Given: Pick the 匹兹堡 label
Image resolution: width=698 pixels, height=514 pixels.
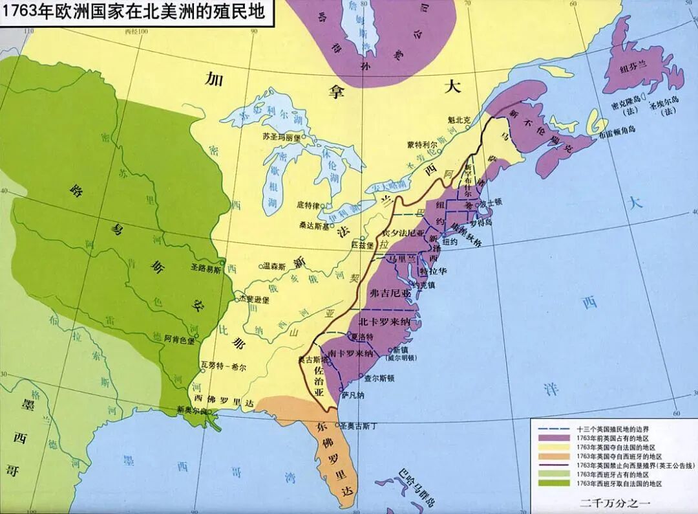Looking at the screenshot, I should pyautogui.click(x=363, y=245).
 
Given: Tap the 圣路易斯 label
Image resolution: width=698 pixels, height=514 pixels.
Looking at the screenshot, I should pyautogui.click(x=206, y=266).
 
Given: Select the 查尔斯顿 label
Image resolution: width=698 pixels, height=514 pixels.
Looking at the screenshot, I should pyautogui.click(x=379, y=377).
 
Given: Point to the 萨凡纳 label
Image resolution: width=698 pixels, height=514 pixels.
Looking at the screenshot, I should pyautogui.click(x=354, y=395).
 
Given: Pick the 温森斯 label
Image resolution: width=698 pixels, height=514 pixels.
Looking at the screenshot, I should pyautogui.click(x=276, y=265).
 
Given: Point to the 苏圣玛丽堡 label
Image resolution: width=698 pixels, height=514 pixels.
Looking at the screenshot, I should pyautogui.click(x=282, y=137).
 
